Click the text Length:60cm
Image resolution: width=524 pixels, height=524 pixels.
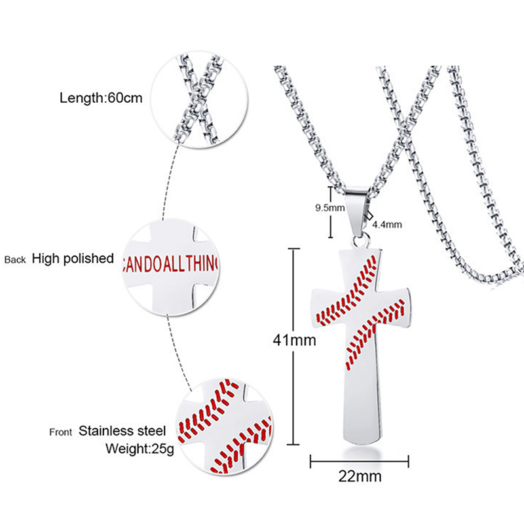point(101,99)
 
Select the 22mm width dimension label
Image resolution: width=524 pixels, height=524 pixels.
point(359,476)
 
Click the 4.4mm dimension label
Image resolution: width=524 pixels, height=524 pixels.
point(386,225)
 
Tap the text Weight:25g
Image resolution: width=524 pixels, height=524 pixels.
point(136,449)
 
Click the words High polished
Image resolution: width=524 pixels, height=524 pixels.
point(73,258)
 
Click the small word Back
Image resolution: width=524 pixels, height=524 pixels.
point(15,260)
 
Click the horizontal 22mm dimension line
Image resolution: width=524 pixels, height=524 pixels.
point(359,461)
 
